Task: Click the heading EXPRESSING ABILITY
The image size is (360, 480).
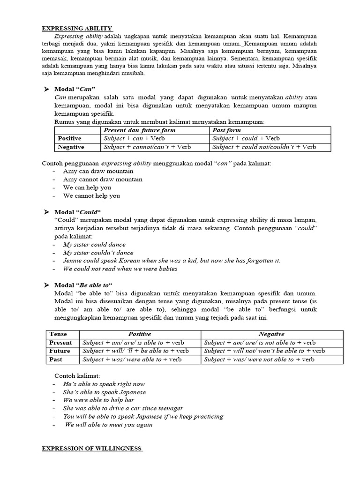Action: tap(77, 28)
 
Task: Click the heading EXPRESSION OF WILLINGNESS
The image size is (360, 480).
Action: tap(92, 449)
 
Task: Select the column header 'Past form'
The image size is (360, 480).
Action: tap(227, 130)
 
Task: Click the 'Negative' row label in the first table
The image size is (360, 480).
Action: tap(71, 147)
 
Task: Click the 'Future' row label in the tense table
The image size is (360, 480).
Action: tap(60, 351)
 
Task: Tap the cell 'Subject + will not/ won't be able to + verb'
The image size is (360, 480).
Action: tap(264, 351)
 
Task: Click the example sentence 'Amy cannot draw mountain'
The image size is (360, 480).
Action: tap(103, 179)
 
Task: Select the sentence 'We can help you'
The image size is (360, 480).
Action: tap(87, 187)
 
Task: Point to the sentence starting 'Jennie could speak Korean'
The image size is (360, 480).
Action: tap(172, 261)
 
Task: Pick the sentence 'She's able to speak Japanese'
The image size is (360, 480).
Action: tap(105, 392)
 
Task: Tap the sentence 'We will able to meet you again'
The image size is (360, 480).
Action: tap(109, 425)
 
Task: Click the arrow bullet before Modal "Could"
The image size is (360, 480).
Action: tap(46, 212)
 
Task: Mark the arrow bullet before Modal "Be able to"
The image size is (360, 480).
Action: tap(46, 285)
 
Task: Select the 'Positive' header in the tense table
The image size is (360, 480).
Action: tap(140, 334)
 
